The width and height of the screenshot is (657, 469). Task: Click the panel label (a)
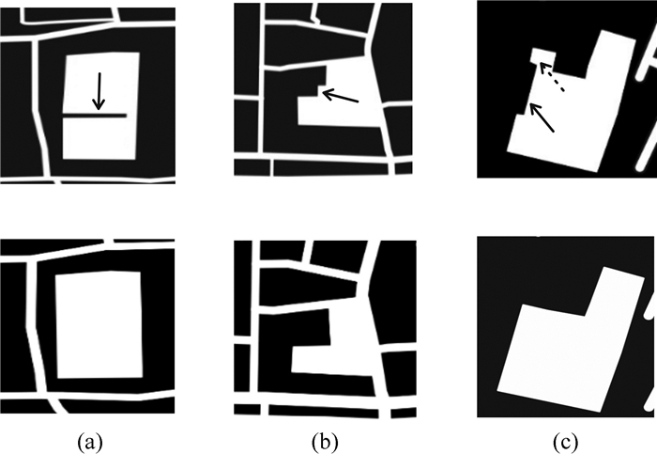pos(90,443)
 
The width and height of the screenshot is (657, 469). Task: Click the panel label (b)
pos(325,443)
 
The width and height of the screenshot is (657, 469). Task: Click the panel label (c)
pos(565,443)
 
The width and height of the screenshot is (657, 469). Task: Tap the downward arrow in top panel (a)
pos(99,91)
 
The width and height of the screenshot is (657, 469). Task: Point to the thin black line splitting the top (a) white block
pos(95,115)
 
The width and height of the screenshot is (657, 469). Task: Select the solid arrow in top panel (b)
pos(341,96)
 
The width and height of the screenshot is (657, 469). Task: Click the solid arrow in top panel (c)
pos(542,117)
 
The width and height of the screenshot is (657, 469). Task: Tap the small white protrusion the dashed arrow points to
pos(543,56)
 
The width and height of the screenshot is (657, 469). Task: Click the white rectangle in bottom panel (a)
pos(99,324)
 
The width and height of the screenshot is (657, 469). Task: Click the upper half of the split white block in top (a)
pos(101,83)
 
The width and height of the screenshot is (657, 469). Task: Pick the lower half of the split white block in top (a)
pos(99,137)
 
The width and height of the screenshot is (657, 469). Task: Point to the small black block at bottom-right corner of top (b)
pos(404,168)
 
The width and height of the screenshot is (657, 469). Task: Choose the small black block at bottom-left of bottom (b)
pos(247,409)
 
